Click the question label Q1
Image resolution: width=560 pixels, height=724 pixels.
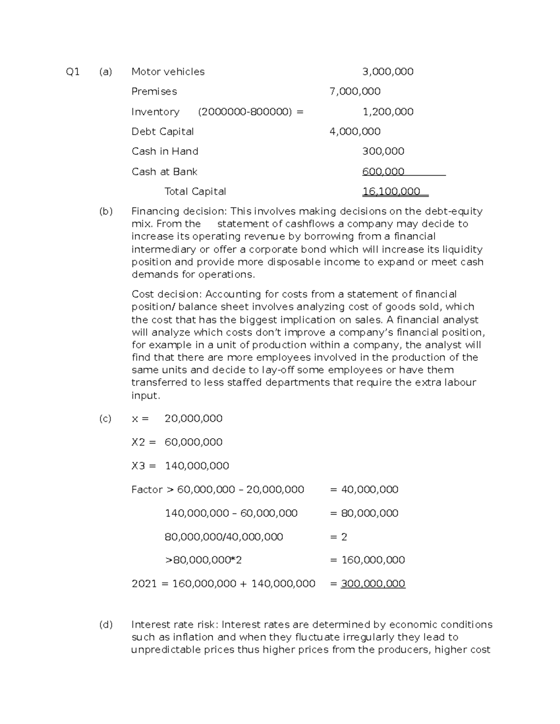click(x=73, y=72)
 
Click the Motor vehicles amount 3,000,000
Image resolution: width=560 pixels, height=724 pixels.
click(x=388, y=72)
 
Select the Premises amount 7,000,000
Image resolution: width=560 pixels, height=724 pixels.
click(x=355, y=91)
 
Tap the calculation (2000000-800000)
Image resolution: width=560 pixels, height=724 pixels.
click(x=245, y=112)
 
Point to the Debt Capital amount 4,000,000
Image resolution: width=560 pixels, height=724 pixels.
click(x=355, y=131)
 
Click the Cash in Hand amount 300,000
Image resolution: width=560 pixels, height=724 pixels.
click(x=383, y=152)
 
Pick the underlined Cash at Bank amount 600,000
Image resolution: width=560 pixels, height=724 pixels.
click(x=383, y=172)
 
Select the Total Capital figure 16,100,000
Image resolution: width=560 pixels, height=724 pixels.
click(x=391, y=192)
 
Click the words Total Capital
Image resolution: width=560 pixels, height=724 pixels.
click(x=195, y=192)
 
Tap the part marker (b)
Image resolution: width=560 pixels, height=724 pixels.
click(x=106, y=211)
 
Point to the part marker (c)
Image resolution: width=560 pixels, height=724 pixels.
click(x=105, y=419)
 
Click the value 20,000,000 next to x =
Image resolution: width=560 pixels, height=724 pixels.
click(x=193, y=419)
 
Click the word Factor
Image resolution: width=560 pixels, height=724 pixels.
click(x=147, y=490)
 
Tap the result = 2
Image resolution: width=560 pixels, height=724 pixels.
click(x=339, y=537)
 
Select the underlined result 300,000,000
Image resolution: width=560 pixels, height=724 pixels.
click(x=373, y=584)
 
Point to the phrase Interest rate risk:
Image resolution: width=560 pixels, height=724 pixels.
click(x=175, y=625)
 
